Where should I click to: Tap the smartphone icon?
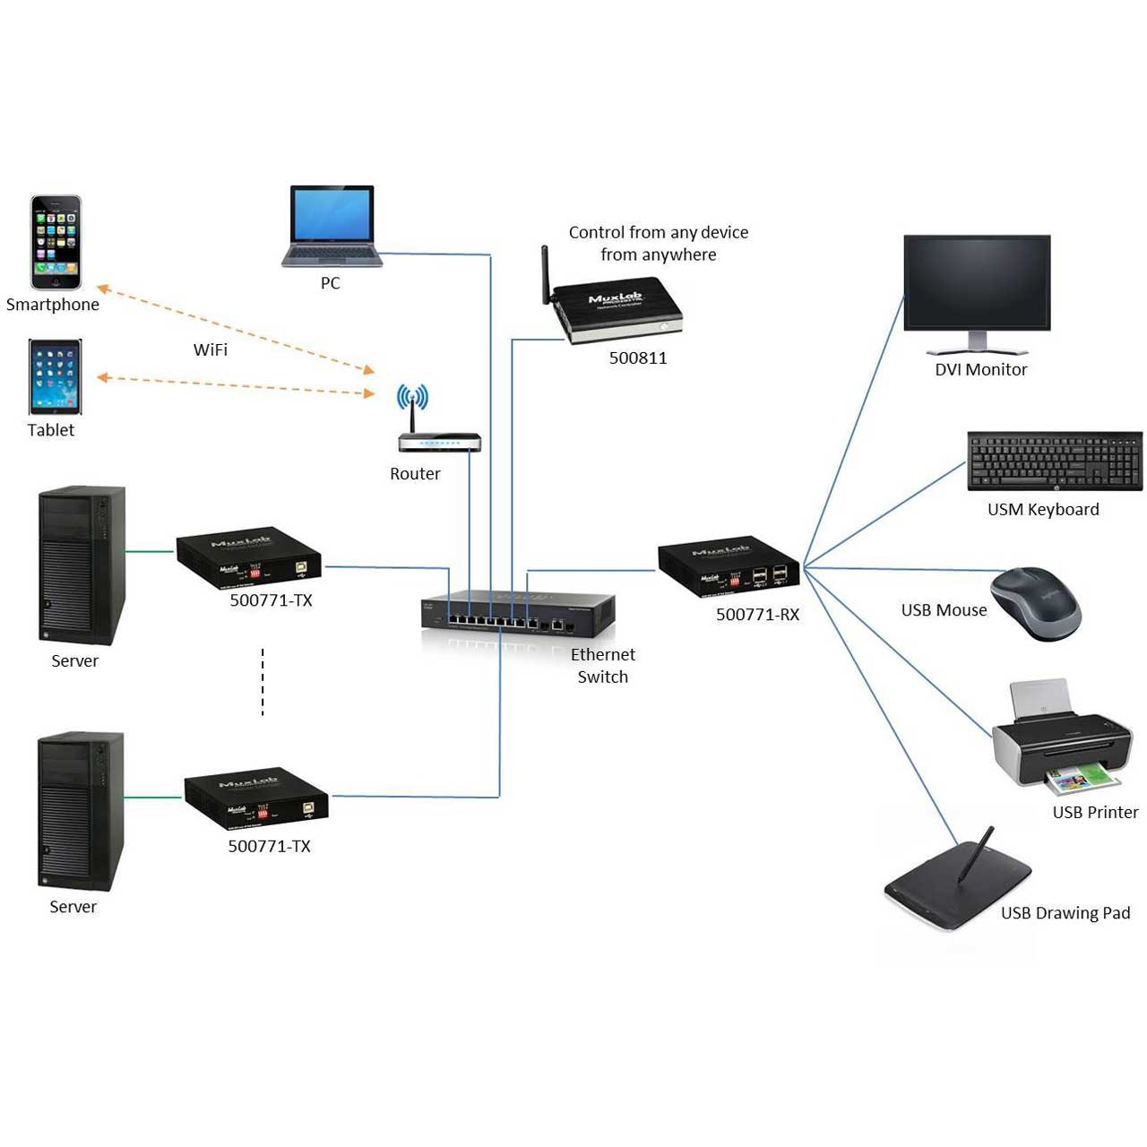(56, 242)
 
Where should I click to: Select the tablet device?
(55, 376)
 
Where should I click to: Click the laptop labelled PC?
(332, 226)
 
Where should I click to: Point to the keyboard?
(1055, 461)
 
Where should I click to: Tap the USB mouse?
(1036, 602)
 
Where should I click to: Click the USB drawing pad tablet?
(959, 883)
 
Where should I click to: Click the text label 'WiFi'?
(211, 349)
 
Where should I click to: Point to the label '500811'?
(638, 358)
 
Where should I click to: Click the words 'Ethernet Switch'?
(602, 666)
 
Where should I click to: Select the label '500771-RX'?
(757, 615)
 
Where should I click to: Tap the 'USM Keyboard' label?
(1043, 509)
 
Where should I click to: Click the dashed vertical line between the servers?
(263, 682)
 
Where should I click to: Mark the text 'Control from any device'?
(659, 232)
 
